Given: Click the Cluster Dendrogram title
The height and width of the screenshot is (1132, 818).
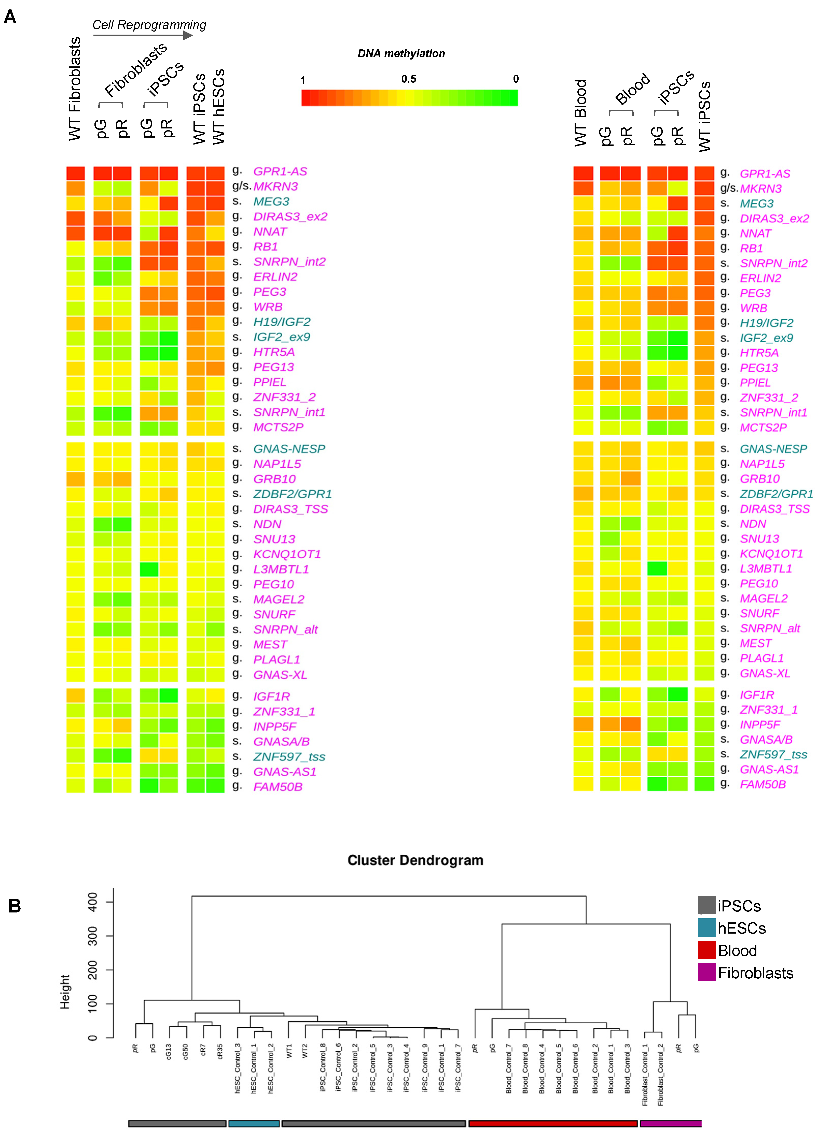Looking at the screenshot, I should click(x=415, y=861).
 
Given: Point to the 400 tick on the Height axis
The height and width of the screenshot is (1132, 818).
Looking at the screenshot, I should click(x=93, y=902).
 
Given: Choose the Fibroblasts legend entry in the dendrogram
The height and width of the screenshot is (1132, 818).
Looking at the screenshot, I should click(x=755, y=973).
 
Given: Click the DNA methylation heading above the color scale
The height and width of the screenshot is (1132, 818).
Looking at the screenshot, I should click(x=401, y=53).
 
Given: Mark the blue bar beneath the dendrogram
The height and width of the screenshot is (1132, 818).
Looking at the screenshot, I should click(x=254, y=1123).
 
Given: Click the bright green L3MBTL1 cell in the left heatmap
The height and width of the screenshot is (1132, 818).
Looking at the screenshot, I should click(x=149, y=569).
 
